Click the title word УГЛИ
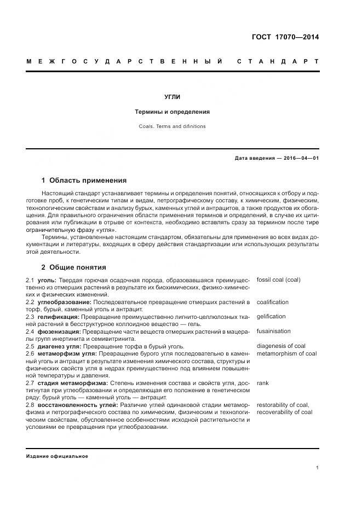(x=173, y=97)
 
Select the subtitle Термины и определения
(x=173, y=112)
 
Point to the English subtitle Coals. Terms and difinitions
(x=173, y=126)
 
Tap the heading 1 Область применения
(x=84, y=180)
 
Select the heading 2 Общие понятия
(x=73, y=267)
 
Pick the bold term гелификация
(x=59, y=317)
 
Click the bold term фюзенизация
(x=59, y=331)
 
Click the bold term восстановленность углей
(x=77, y=405)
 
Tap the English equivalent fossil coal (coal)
(x=278, y=280)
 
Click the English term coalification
(x=272, y=302)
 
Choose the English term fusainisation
(x=273, y=331)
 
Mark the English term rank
(x=262, y=383)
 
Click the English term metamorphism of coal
(x=286, y=353)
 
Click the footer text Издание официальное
(x=57, y=456)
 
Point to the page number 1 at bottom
(x=317, y=468)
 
